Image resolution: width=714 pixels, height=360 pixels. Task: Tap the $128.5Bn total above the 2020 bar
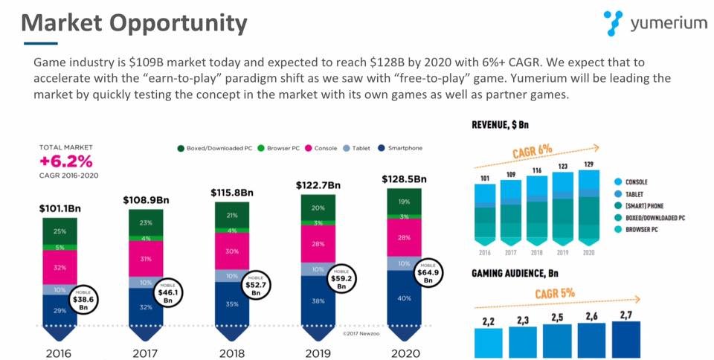404,179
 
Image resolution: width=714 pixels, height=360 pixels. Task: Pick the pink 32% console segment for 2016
59,267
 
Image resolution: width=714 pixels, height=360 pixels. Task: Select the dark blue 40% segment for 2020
404,298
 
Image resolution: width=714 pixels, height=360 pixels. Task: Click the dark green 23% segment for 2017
146,222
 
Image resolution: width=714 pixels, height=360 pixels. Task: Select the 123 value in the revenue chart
563,167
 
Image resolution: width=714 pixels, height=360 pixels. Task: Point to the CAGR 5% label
553,293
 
